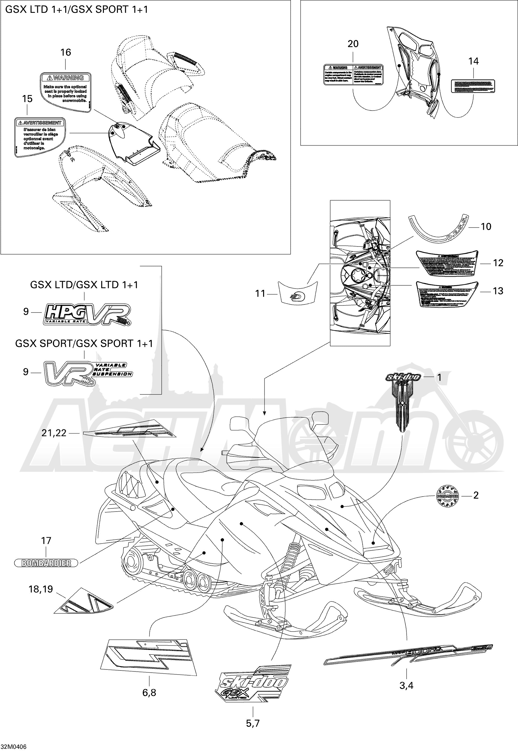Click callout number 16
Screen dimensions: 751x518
(65, 52)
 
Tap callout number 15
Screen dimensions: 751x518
(27, 99)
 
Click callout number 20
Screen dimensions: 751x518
(353, 44)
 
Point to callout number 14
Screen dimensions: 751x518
(474, 61)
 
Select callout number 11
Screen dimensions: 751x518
(260, 294)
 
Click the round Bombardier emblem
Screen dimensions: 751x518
(447, 496)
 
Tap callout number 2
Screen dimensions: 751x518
(476, 495)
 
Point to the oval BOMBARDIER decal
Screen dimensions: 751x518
(46, 563)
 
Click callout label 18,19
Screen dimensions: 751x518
(41, 589)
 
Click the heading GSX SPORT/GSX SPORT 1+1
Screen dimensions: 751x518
(84, 344)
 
